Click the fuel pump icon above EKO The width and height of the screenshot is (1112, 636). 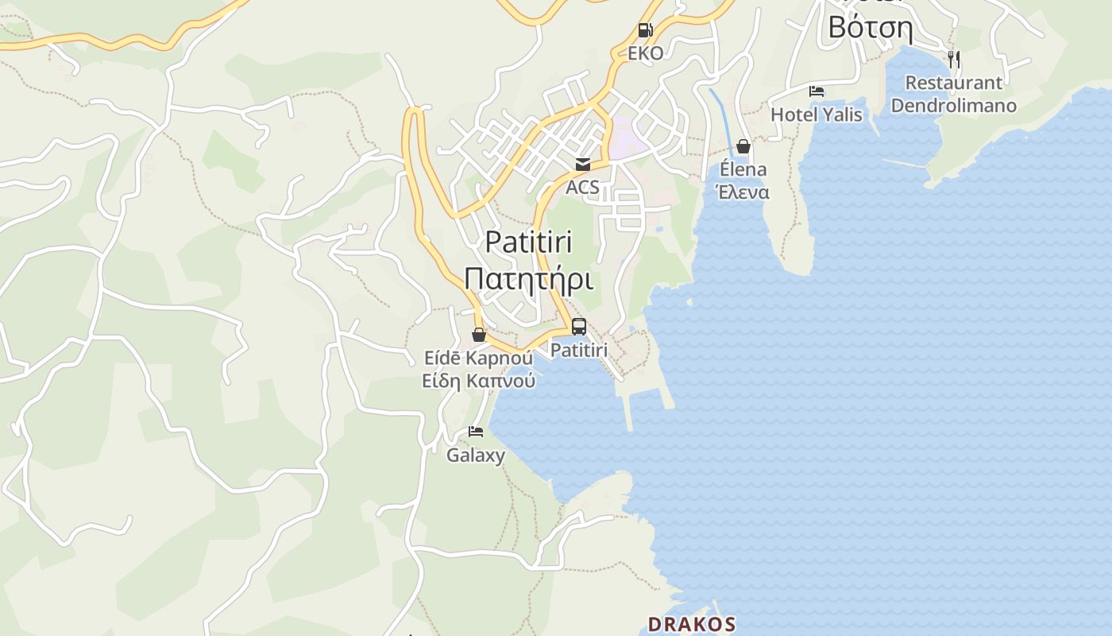click(645, 31)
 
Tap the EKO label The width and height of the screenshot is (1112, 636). click(645, 53)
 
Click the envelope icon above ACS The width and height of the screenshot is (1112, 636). click(583, 165)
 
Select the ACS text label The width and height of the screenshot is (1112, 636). click(582, 188)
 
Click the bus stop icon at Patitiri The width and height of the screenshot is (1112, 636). click(579, 327)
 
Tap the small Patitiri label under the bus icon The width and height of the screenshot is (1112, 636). click(579, 350)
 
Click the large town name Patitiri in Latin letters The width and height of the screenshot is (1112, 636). click(528, 242)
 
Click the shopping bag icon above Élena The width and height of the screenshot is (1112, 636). click(743, 146)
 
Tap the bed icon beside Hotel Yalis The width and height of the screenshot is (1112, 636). click(817, 91)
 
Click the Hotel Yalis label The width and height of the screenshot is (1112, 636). click(817, 114)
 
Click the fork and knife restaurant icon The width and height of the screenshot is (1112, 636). click(954, 59)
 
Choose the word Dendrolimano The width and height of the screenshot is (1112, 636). click(953, 106)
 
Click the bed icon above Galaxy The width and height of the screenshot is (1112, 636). click(476, 432)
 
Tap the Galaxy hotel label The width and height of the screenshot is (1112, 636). click(476, 456)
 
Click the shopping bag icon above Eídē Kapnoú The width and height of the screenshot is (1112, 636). click(479, 335)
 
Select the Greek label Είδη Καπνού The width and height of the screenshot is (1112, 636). click(478, 381)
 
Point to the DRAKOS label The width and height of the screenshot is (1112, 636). click(691, 624)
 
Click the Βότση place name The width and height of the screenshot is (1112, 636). click(870, 27)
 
